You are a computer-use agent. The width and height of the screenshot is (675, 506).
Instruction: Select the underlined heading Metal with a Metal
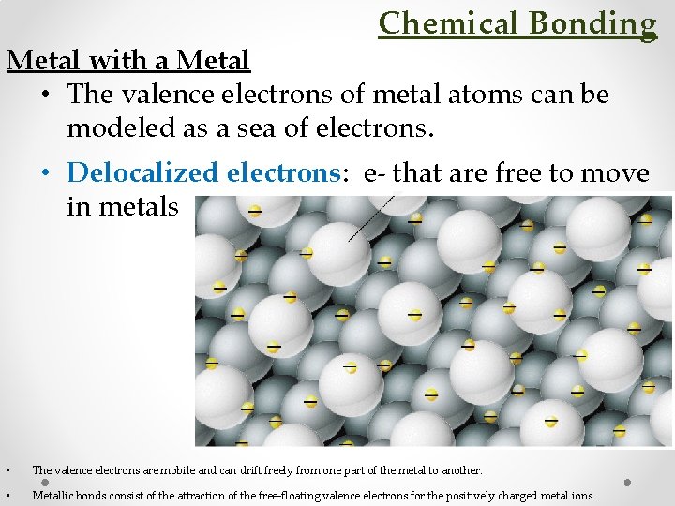tap(128, 61)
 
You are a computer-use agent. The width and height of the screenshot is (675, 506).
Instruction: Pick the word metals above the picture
tap(122, 206)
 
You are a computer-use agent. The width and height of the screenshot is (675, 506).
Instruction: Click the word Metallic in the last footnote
tap(52, 495)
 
